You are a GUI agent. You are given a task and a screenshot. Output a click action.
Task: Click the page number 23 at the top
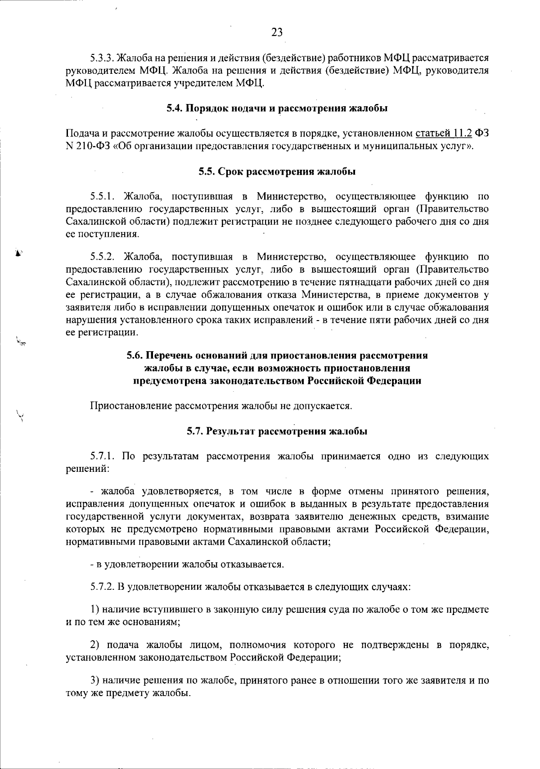click(277, 32)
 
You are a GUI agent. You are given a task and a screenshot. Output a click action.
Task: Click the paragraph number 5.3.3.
click(103, 58)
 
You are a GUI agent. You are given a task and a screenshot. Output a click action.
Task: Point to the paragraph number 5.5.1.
click(103, 196)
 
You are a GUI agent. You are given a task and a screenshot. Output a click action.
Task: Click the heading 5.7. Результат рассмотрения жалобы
click(277, 431)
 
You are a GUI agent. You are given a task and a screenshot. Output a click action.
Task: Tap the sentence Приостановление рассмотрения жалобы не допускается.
click(221, 406)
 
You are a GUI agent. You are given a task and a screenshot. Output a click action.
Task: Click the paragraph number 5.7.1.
click(103, 457)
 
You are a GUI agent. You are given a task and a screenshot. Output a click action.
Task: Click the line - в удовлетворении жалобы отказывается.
click(187, 564)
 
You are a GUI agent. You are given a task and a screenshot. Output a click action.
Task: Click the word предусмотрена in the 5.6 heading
click(170, 380)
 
